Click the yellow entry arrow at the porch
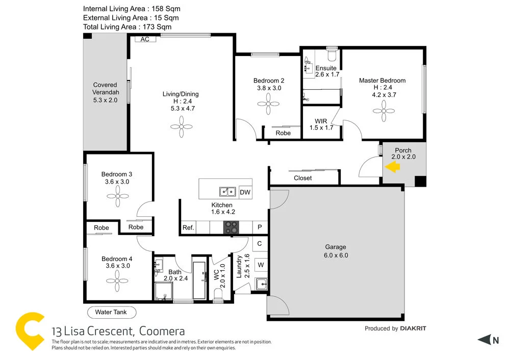pyautogui.click(x=392, y=167)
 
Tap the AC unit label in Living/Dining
pyautogui.click(x=145, y=39)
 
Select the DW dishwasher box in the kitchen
pyautogui.click(x=245, y=192)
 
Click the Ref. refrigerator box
pyautogui.click(x=188, y=227)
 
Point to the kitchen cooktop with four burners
pyautogui.click(x=231, y=227)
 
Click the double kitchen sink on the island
pyautogui.click(x=227, y=192)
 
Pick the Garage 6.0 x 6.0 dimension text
pyautogui.click(x=336, y=255)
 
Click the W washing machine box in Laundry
pyautogui.click(x=260, y=265)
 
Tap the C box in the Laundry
pyautogui.click(x=260, y=244)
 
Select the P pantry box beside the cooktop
pyautogui.click(x=260, y=227)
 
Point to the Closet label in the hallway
pyautogui.click(x=303, y=178)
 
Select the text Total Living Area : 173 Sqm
pyautogui.click(x=127, y=27)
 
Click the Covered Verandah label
pyautogui.click(x=105, y=92)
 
